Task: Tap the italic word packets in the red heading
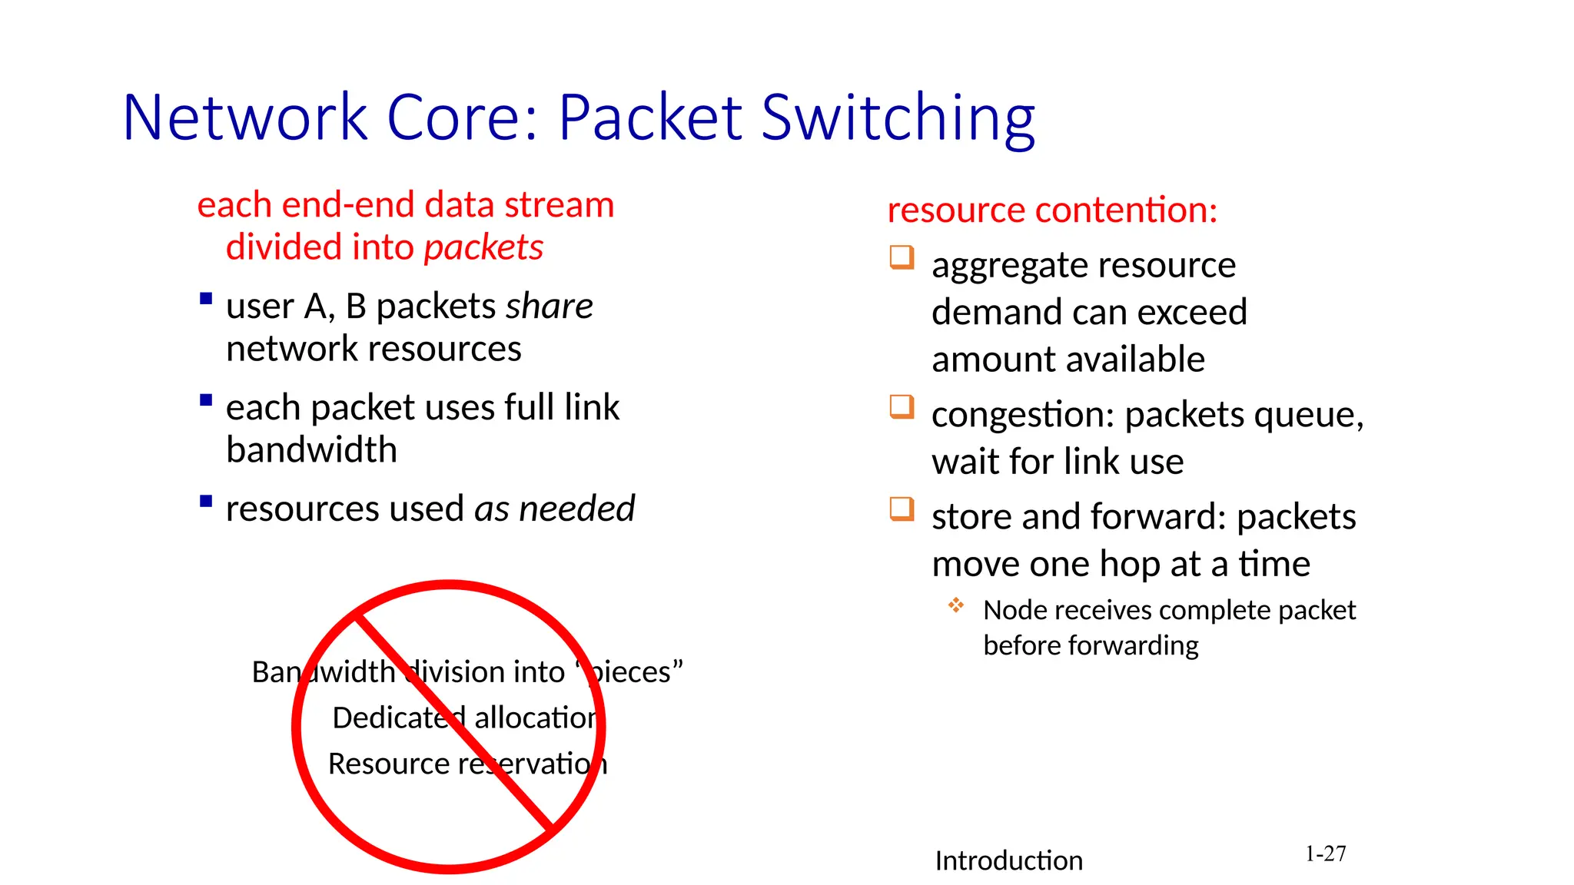click(x=483, y=247)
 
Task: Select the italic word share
click(x=549, y=306)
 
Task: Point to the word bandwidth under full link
click(x=311, y=449)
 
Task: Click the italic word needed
click(x=576, y=509)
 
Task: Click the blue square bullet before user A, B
click(x=205, y=298)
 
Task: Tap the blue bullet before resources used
click(x=205, y=502)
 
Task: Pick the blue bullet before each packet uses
click(x=205, y=399)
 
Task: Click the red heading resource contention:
click(x=1052, y=210)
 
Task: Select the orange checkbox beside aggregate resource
click(x=902, y=257)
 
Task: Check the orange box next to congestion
click(x=902, y=406)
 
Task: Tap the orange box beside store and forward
click(x=902, y=509)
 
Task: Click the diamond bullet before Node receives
click(x=955, y=605)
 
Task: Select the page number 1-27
click(x=1325, y=854)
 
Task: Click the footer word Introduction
click(x=1008, y=860)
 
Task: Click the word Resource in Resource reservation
click(x=389, y=764)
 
